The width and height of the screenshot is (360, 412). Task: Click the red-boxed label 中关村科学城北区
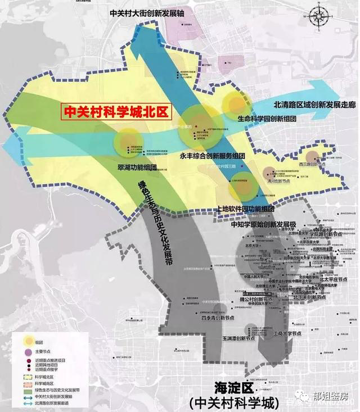(x=117, y=111)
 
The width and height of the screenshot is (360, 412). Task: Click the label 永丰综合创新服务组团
(x=213, y=155)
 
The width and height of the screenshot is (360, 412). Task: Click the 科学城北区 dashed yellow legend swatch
(x=26, y=375)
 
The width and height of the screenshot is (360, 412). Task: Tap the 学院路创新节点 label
(x=327, y=234)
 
